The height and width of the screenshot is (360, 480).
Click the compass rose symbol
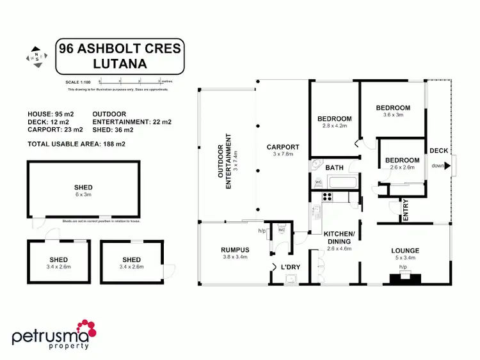pyautogui.click(x=37, y=56)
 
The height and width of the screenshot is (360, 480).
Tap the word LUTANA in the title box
pyautogui.click(x=120, y=63)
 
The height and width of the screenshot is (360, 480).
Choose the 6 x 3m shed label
pyautogui.click(x=83, y=191)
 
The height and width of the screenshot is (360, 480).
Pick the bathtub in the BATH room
pyautogui.click(x=337, y=182)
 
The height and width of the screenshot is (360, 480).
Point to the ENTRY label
pyautogui.click(x=405, y=210)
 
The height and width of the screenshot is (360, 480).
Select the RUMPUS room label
pyautogui.click(x=234, y=249)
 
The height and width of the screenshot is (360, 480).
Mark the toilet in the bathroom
pyautogui.click(x=318, y=182)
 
